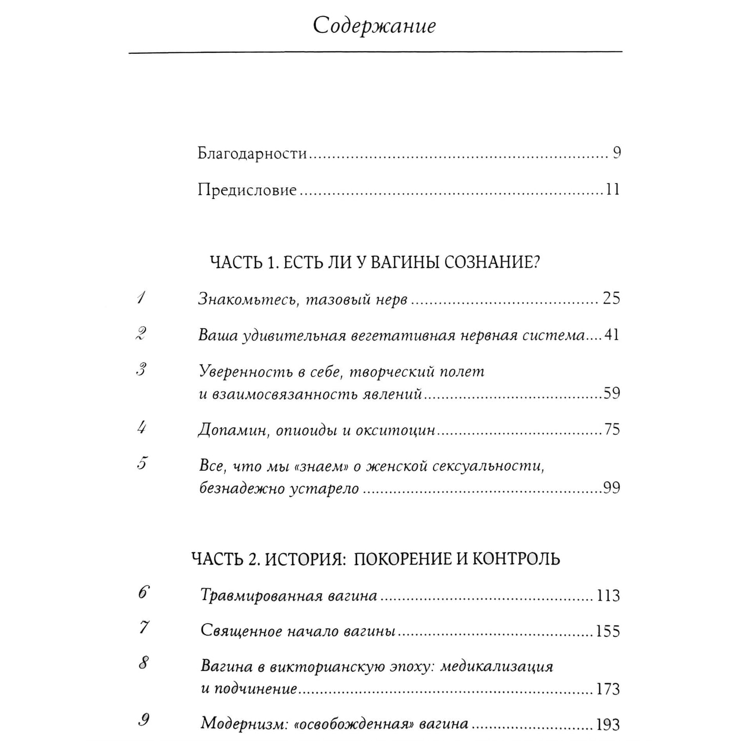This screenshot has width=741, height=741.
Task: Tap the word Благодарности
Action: pyautogui.click(x=252, y=153)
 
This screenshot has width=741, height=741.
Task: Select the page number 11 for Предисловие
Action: pyautogui.click(x=612, y=190)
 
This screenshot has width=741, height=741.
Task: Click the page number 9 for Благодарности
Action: pyautogui.click(x=617, y=153)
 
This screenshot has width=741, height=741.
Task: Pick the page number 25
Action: pyautogui.click(x=611, y=298)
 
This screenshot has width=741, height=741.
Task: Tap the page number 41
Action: pyautogui.click(x=612, y=335)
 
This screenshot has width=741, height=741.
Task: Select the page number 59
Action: pyautogui.click(x=611, y=393)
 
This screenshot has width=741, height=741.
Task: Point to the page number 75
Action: pyautogui.click(x=612, y=429)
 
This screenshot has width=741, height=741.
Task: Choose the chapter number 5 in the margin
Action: pyautogui.click(x=142, y=464)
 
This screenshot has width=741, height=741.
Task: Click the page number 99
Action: pyautogui.click(x=611, y=488)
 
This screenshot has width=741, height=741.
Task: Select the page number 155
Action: pyautogui.click(x=608, y=631)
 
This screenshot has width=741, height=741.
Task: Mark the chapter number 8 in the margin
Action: pyautogui.click(x=143, y=664)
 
